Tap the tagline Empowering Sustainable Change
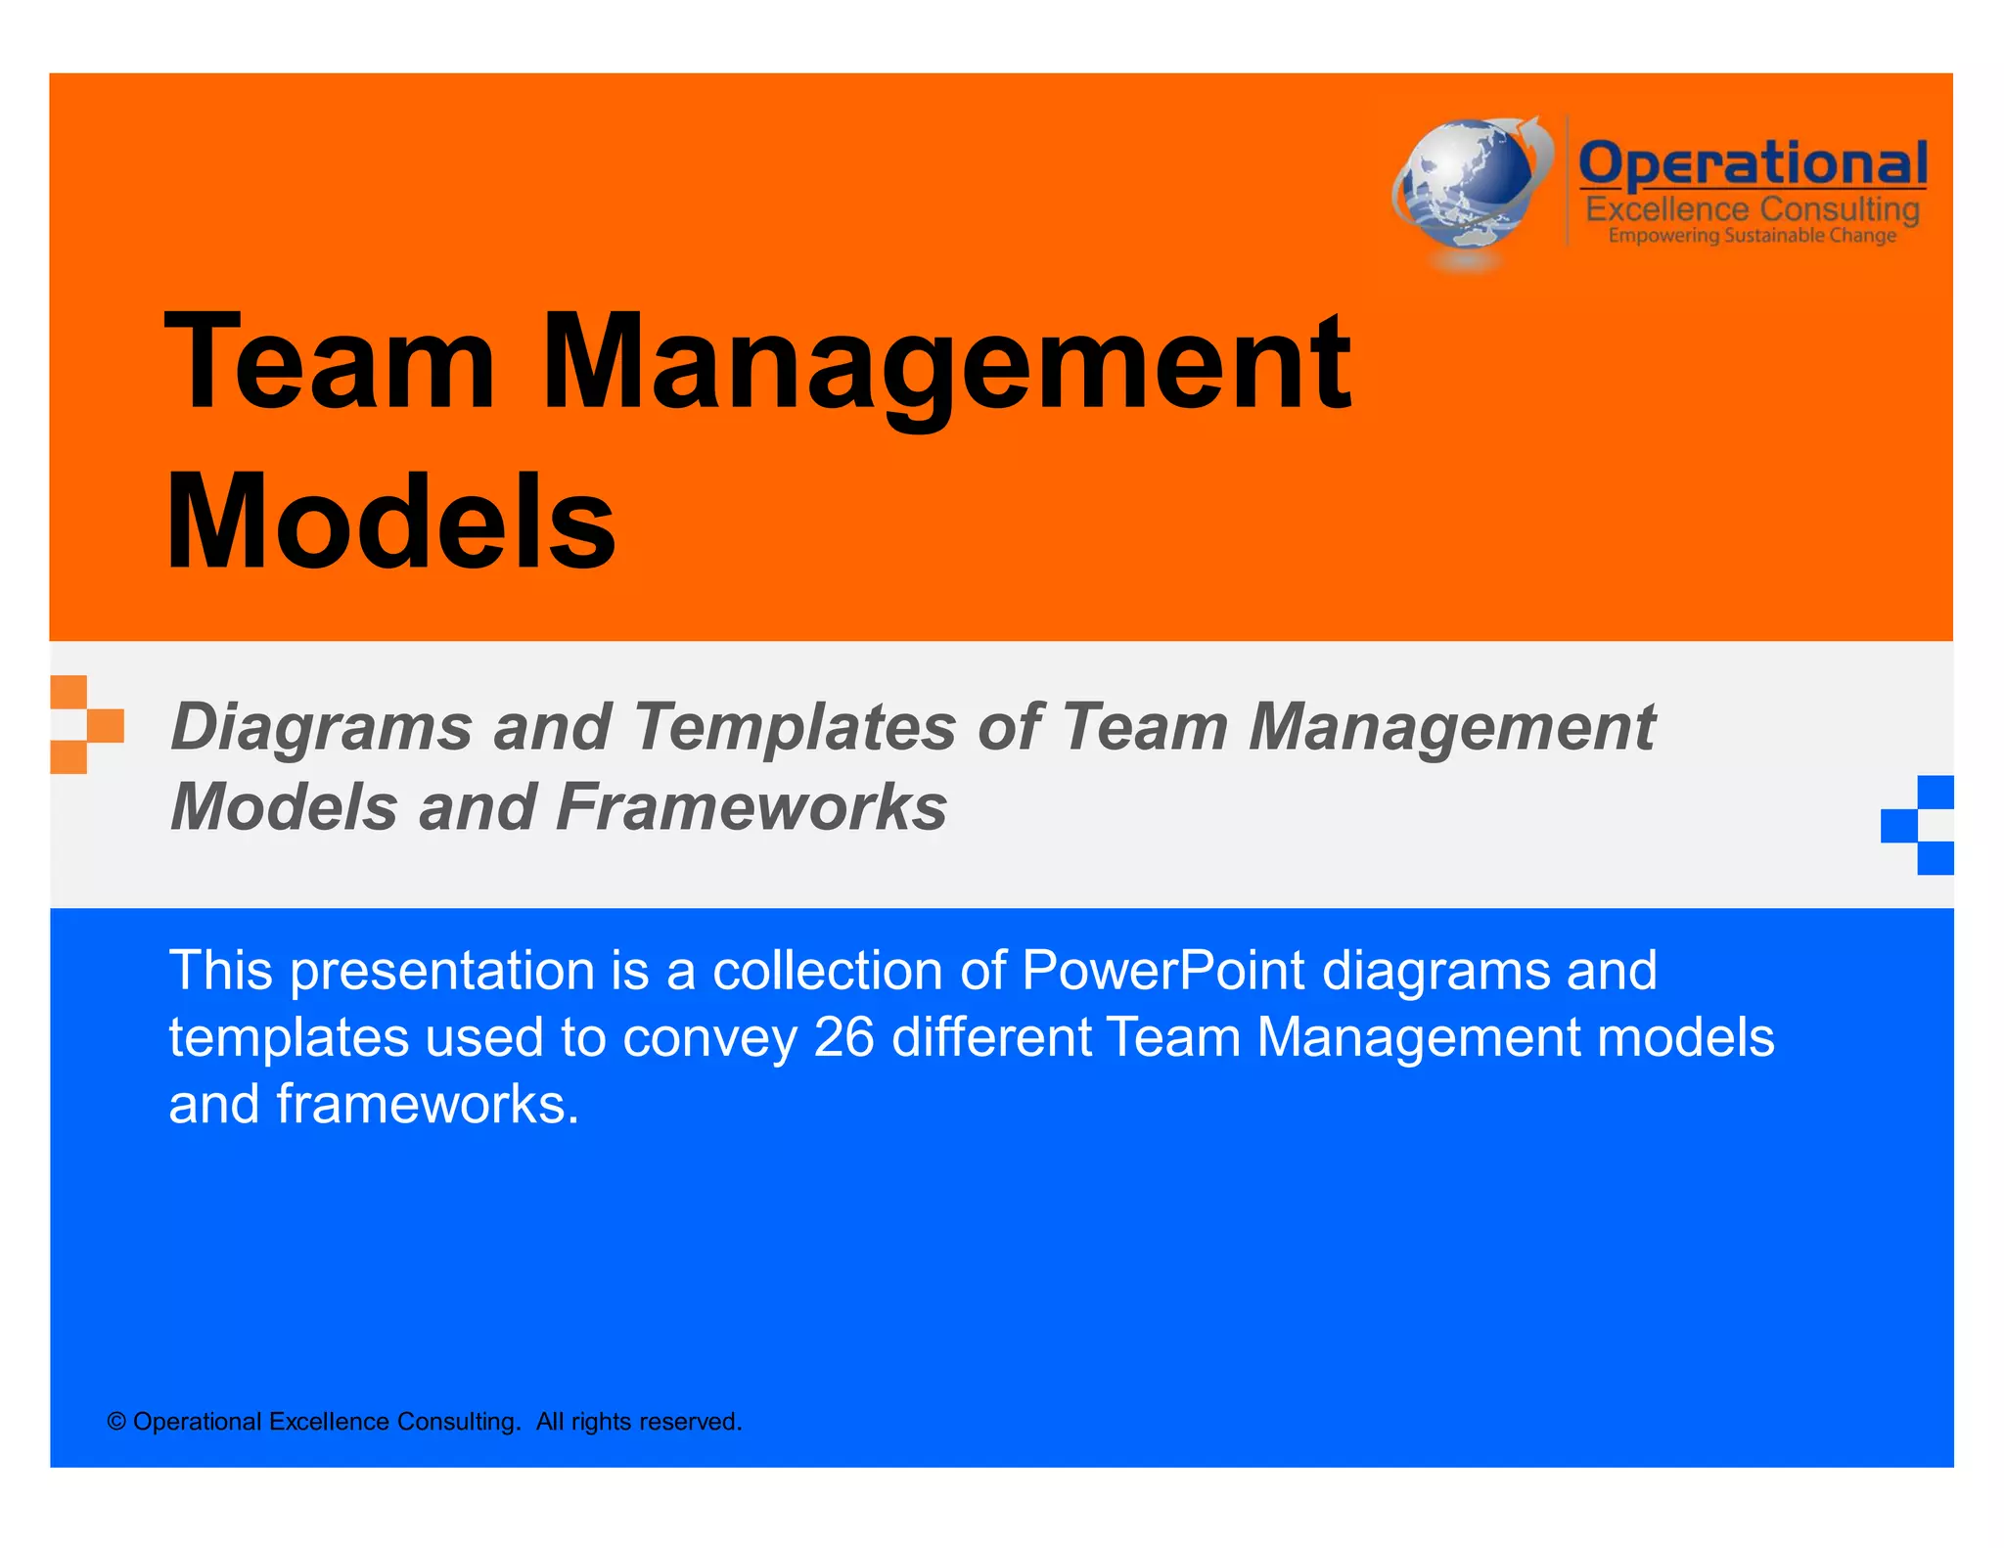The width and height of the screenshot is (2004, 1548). coord(1752,236)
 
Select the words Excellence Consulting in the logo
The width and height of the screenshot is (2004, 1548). coord(1752,209)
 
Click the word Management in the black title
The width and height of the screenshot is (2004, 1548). coord(945,364)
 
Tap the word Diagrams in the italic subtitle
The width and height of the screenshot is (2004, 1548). coord(322,729)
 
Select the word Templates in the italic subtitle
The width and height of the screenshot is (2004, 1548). coord(795,727)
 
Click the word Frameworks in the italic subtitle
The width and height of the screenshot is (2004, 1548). coord(751,807)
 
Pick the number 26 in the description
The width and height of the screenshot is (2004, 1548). coord(843,1037)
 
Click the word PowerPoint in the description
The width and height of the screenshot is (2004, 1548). coord(1162,972)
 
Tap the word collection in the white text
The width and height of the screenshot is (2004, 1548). coord(827,972)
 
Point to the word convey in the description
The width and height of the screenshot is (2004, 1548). coord(709,1039)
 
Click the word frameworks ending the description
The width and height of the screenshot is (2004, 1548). coord(428,1105)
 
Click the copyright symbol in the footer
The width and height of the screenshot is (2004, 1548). coord(116,1422)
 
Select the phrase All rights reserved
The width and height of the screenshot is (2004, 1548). coord(639,1422)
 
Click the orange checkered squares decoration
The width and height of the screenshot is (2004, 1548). coord(86,725)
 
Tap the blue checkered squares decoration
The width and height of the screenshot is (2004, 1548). coord(1918,825)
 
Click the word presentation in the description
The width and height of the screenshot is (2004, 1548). coord(441,972)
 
